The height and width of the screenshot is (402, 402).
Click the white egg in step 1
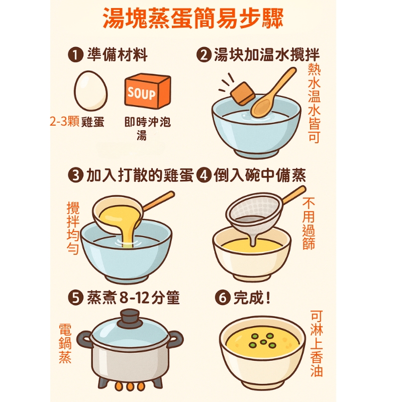(x=90, y=91)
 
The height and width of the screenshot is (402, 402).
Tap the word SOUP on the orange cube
(x=141, y=93)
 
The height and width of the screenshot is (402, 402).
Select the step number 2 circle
(x=204, y=55)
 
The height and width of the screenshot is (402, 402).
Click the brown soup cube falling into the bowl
(x=243, y=93)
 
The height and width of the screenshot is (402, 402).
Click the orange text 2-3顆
(x=65, y=121)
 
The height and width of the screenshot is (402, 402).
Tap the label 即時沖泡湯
(x=147, y=128)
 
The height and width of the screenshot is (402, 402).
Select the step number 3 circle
(x=76, y=175)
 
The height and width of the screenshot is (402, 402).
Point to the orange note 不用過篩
(x=309, y=223)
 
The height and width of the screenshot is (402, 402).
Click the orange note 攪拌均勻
(x=73, y=228)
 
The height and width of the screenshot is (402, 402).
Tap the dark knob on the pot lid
(x=130, y=318)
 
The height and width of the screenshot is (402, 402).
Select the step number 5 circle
(x=76, y=297)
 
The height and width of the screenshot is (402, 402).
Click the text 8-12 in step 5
(x=134, y=298)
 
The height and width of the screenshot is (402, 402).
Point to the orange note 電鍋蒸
(x=65, y=343)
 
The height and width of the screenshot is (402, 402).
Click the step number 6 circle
(x=223, y=297)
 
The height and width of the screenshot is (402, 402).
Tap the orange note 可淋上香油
(x=317, y=344)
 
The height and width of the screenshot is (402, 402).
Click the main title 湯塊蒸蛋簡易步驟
(x=193, y=19)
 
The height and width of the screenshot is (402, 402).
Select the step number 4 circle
(x=204, y=175)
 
